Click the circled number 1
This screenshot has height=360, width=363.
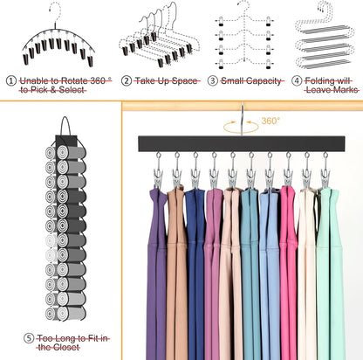(x=11, y=80)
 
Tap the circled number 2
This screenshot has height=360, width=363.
(x=127, y=80)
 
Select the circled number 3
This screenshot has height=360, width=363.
(x=212, y=80)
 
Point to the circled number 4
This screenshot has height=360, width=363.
(x=297, y=80)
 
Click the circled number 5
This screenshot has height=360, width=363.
(x=29, y=338)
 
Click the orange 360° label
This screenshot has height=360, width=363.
(x=271, y=121)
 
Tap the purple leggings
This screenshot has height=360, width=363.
(x=156, y=273)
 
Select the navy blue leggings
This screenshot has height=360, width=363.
(x=195, y=273)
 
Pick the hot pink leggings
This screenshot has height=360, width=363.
(x=289, y=273)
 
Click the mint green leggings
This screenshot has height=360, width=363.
(x=330, y=273)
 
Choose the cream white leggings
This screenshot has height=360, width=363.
(x=306, y=273)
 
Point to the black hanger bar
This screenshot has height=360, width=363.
(x=242, y=143)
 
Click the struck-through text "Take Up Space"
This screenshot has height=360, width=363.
(x=166, y=80)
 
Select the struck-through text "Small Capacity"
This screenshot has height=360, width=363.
(x=251, y=80)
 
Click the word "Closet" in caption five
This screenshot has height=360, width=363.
(x=66, y=347)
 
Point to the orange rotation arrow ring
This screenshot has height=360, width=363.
(x=241, y=128)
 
